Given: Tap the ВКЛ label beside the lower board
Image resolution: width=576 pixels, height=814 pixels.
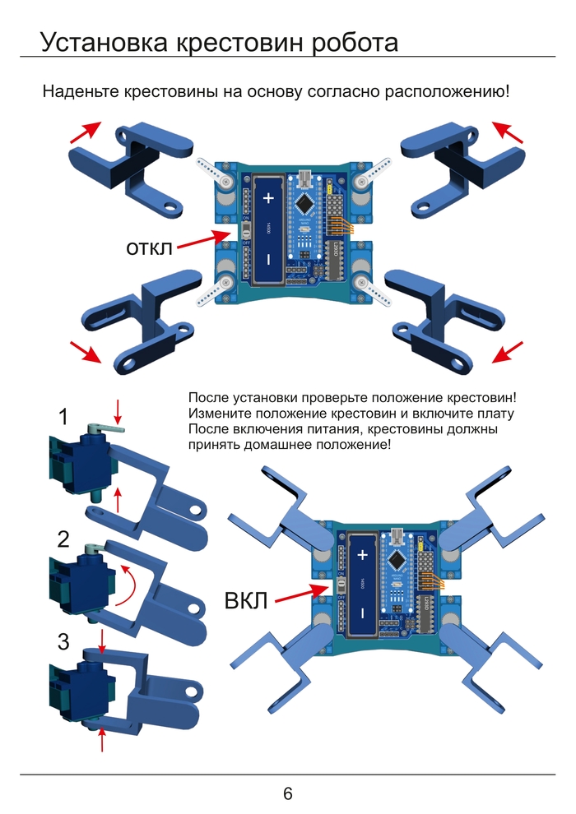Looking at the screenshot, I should (246, 600).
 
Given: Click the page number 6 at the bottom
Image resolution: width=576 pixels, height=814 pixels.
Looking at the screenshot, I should (288, 794).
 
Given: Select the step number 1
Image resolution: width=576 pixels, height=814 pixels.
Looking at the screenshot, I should (63, 418).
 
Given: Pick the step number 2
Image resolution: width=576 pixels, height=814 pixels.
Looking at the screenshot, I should (63, 540).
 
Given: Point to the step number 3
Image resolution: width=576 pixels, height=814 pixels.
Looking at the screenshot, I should (63, 642).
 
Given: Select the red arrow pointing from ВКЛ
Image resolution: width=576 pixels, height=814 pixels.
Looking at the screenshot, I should (301, 594).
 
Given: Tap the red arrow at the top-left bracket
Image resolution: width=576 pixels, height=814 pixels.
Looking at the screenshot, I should (85, 132).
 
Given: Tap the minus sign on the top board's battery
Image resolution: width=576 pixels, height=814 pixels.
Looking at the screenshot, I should (267, 261).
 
